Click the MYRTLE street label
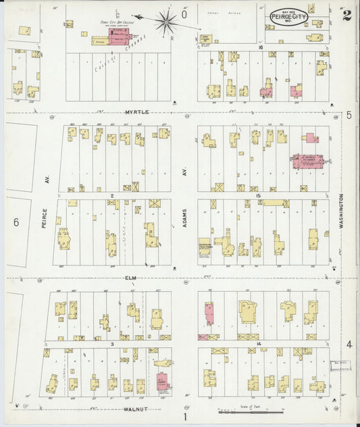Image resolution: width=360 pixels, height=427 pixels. click(x=136, y=112)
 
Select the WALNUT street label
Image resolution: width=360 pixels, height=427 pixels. click(x=136, y=409)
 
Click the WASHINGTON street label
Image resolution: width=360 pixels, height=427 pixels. click(x=342, y=210)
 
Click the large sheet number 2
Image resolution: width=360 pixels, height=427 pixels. click(x=346, y=16)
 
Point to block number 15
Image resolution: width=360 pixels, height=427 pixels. click(x=257, y=196)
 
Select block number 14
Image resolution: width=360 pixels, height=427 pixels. click(x=259, y=345)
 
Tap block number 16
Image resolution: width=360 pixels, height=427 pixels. click(x=260, y=48)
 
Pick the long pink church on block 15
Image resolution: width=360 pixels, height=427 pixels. click(x=307, y=161)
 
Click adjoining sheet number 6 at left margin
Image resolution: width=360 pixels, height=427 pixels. click(x=15, y=222)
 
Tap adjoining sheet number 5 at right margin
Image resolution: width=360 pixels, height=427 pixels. click(x=349, y=116)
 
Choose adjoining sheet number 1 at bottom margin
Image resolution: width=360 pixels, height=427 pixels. click(x=184, y=417)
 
